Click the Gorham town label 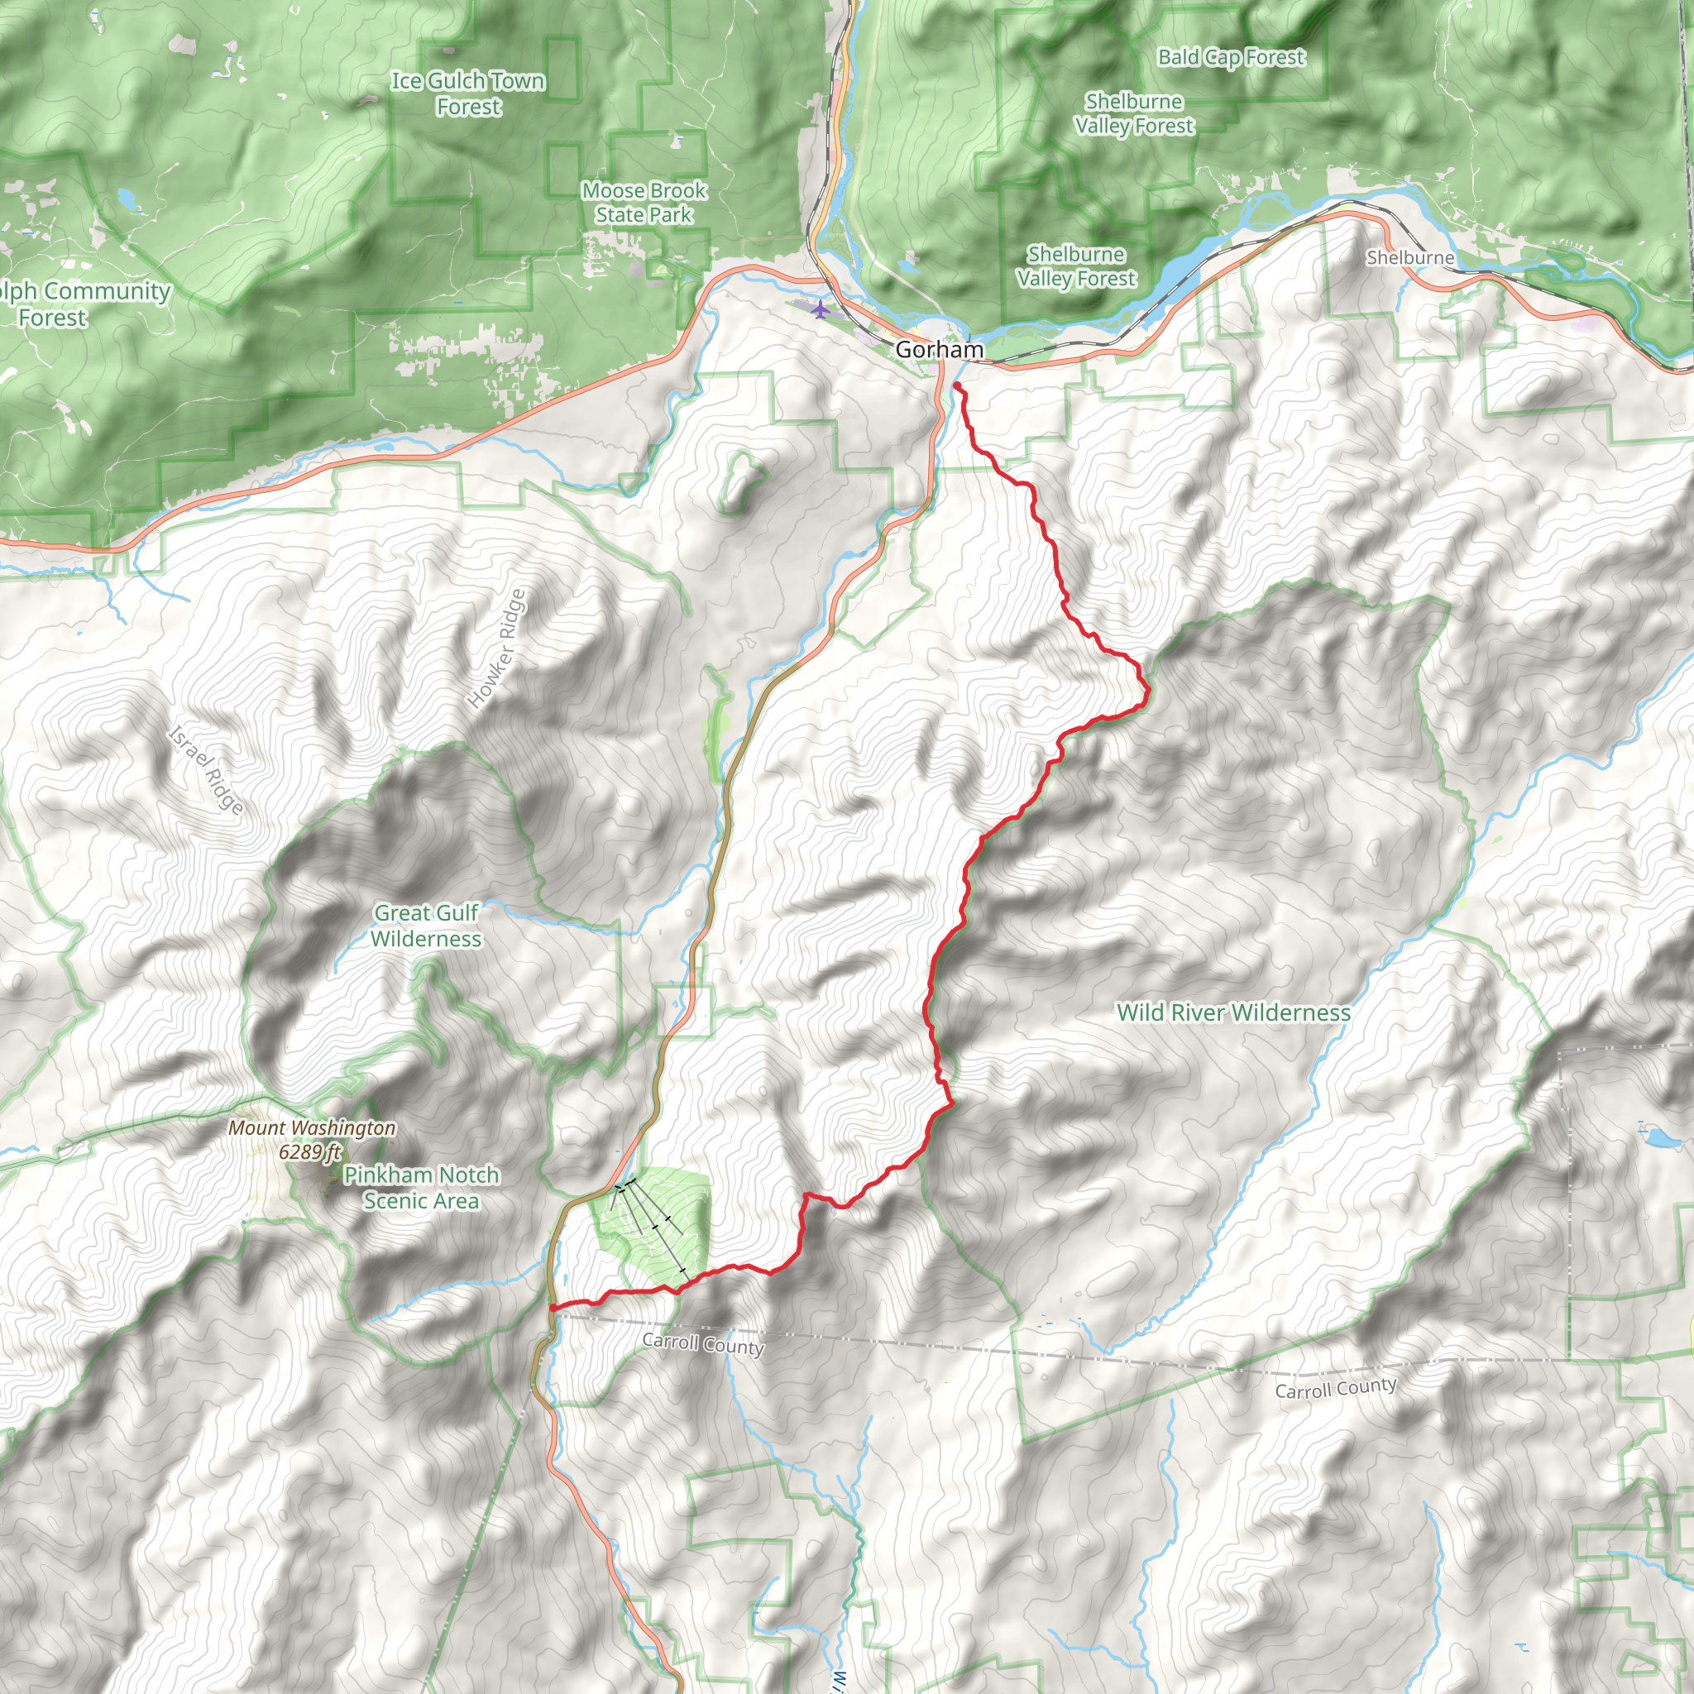939,350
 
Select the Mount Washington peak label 311,1127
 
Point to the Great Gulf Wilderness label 426,926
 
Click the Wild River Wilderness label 1233,1012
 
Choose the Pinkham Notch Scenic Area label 422,1187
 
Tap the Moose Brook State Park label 644,203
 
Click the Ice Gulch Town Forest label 468,93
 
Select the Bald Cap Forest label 1231,58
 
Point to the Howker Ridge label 497,648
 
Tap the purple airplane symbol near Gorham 820,309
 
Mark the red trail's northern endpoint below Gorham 957,385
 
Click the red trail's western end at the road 552,1309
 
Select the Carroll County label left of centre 703,1343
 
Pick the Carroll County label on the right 1335,1389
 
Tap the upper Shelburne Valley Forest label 1134,114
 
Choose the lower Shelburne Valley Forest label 1077,266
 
